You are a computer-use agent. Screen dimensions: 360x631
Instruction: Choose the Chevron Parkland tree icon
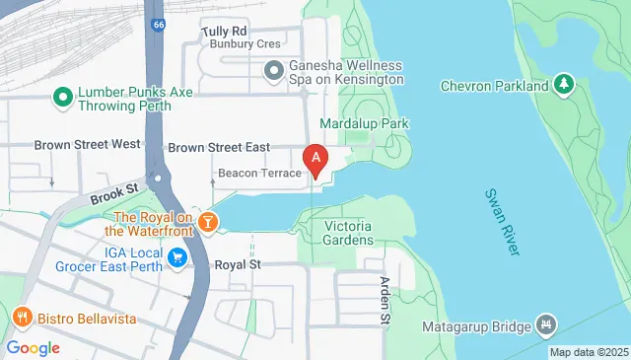(564, 86)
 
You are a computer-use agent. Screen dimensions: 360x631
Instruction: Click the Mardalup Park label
(364, 124)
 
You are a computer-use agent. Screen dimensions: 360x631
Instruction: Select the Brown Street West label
(87, 144)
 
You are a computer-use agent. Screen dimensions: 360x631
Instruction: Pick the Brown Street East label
(219, 148)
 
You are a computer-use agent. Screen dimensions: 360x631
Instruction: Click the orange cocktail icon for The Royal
(208, 222)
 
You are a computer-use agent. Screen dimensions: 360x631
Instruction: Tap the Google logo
(33, 347)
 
